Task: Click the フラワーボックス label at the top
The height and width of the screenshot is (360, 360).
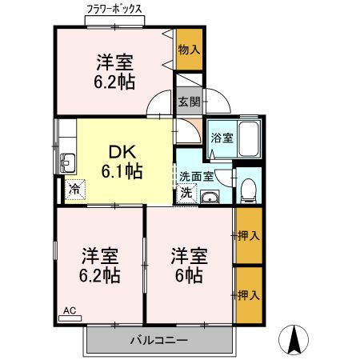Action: click(114, 9)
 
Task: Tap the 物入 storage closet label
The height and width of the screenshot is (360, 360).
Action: click(189, 50)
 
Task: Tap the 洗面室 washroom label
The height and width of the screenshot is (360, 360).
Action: click(195, 177)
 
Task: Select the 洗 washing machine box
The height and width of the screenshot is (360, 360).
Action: click(186, 193)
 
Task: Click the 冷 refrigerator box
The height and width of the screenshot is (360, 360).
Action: click(74, 190)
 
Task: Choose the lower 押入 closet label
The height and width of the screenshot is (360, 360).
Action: click(249, 294)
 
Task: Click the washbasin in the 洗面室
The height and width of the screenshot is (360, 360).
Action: click(210, 198)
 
